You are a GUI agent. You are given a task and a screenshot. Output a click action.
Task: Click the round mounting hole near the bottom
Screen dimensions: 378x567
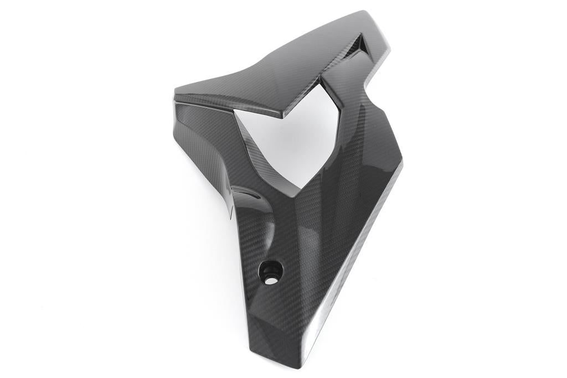point(270,271)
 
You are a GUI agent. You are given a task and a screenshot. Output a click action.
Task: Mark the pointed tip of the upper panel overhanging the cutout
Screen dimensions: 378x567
point(280,116)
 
